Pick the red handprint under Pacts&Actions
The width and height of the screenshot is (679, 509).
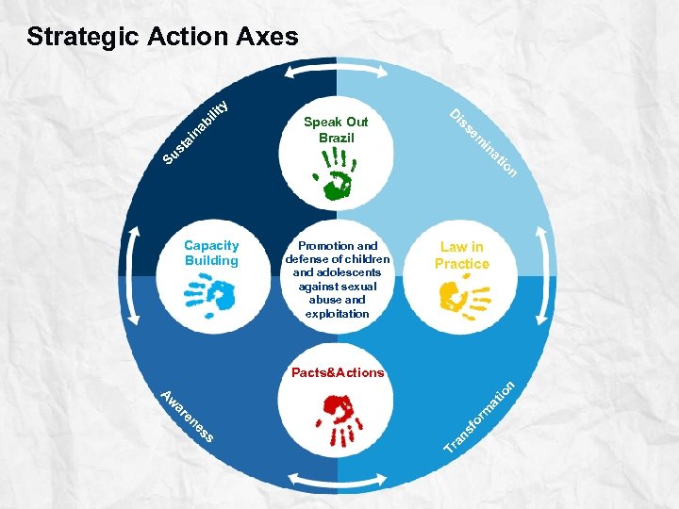tap(339, 418)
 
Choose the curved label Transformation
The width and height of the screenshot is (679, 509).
tap(481, 416)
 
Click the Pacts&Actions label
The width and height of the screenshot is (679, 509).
tap(338, 372)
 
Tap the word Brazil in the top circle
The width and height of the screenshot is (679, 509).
tap(336, 138)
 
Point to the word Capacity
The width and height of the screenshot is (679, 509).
tap(212, 246)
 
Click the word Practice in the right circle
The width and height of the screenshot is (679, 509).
tap(462, 264)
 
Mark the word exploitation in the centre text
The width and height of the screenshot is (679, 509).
tap(337, 313)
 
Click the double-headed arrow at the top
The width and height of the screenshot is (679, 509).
tap(337, 73)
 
